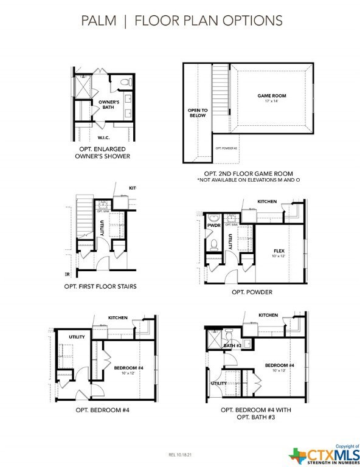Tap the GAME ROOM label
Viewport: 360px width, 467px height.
(x=271, y=96)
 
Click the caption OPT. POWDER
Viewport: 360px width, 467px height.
(x=252, y=291)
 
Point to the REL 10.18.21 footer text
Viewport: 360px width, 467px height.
(x=180, y=454)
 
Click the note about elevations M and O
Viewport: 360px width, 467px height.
(x=249, y=181)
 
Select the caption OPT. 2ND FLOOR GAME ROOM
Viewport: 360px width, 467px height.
(x=249, y=174)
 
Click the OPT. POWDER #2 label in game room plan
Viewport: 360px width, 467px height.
(x=226, y=148)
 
